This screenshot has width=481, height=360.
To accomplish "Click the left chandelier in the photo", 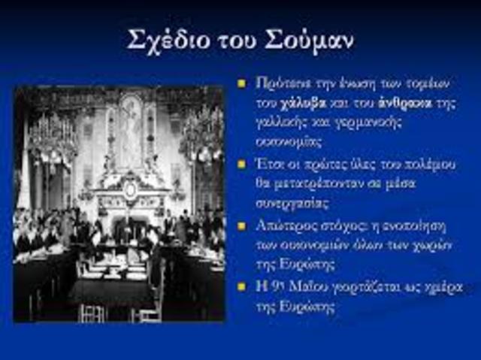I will tap(53, 139).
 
